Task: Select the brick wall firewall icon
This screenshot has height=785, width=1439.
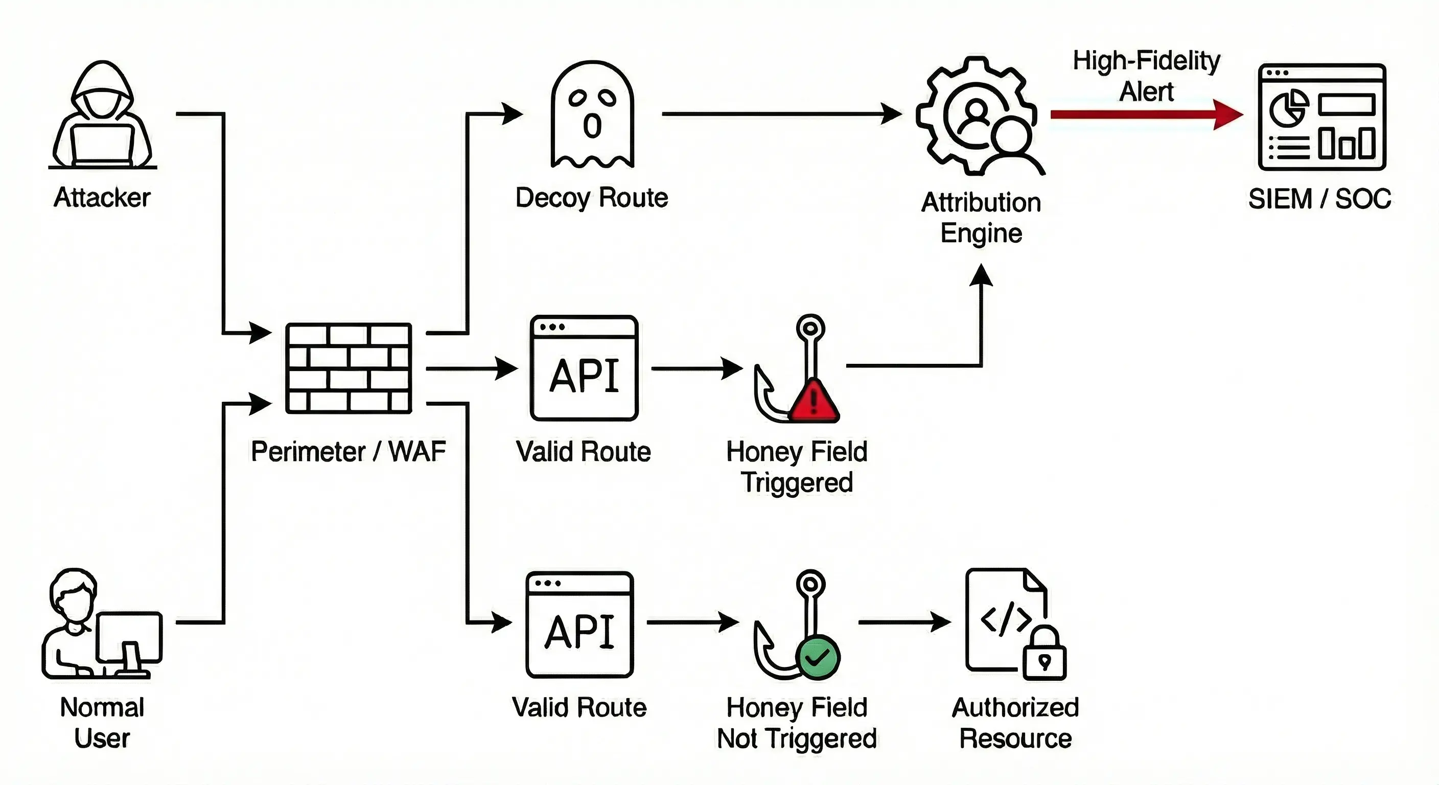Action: coord(349,369)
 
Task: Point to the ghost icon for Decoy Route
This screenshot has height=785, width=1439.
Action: coord(592,115)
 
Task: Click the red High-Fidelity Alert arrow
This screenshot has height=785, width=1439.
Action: coord(1145,114)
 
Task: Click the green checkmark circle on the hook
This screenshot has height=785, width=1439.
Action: coord(817,658)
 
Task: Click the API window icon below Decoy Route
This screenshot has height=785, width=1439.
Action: coord(584,369)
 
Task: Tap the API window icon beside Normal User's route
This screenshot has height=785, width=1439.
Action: coord(580,625)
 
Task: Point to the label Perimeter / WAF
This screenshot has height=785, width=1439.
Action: coord(348,451)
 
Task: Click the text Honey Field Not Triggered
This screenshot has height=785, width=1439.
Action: coord(797,723)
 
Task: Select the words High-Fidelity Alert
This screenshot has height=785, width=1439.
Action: coord(1146,76)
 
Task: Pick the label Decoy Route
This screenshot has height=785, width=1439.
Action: coord(592,198)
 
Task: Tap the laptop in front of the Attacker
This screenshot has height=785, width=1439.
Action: coord(103,145)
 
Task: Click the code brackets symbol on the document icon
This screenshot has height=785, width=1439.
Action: coord(1006,619)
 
